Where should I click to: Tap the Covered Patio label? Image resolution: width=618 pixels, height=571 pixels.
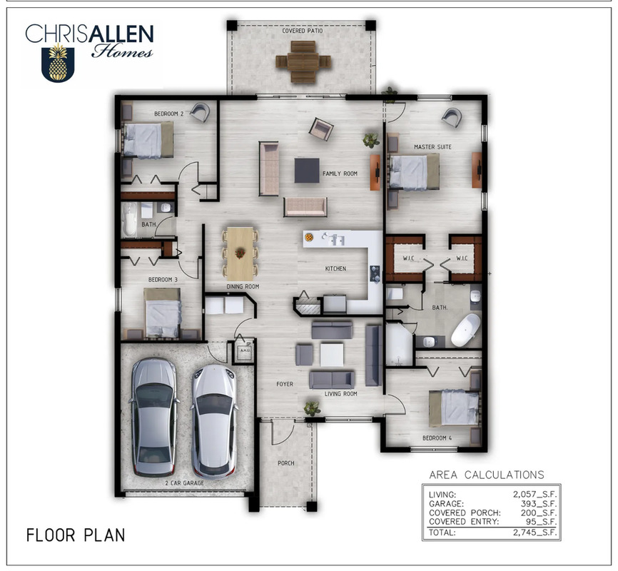point(303,31)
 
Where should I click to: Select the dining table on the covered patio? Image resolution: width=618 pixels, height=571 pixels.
point(303,62)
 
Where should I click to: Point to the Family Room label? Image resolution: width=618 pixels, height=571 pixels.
point(340,173)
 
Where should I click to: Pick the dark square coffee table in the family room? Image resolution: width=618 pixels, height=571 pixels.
point(307,170)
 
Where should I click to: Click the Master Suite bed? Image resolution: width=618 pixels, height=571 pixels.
point(414,172)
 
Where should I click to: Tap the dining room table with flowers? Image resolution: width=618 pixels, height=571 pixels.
point(240,253)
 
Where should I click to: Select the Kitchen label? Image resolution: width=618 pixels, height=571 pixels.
point(335,268)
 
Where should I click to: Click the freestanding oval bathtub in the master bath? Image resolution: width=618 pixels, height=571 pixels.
point(465,330)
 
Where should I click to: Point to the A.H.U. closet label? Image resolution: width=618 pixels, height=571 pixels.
point(245,350)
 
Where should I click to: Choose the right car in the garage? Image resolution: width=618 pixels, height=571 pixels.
point(214,421)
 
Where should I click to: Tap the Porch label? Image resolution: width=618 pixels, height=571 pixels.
point(285,463)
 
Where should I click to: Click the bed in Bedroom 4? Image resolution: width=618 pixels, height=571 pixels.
point(454,408)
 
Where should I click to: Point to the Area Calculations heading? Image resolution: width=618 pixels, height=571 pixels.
point(487,475)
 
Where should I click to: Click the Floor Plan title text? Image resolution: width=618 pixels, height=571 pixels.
point(76,535)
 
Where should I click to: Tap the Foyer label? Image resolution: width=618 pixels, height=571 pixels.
point(285,384)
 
